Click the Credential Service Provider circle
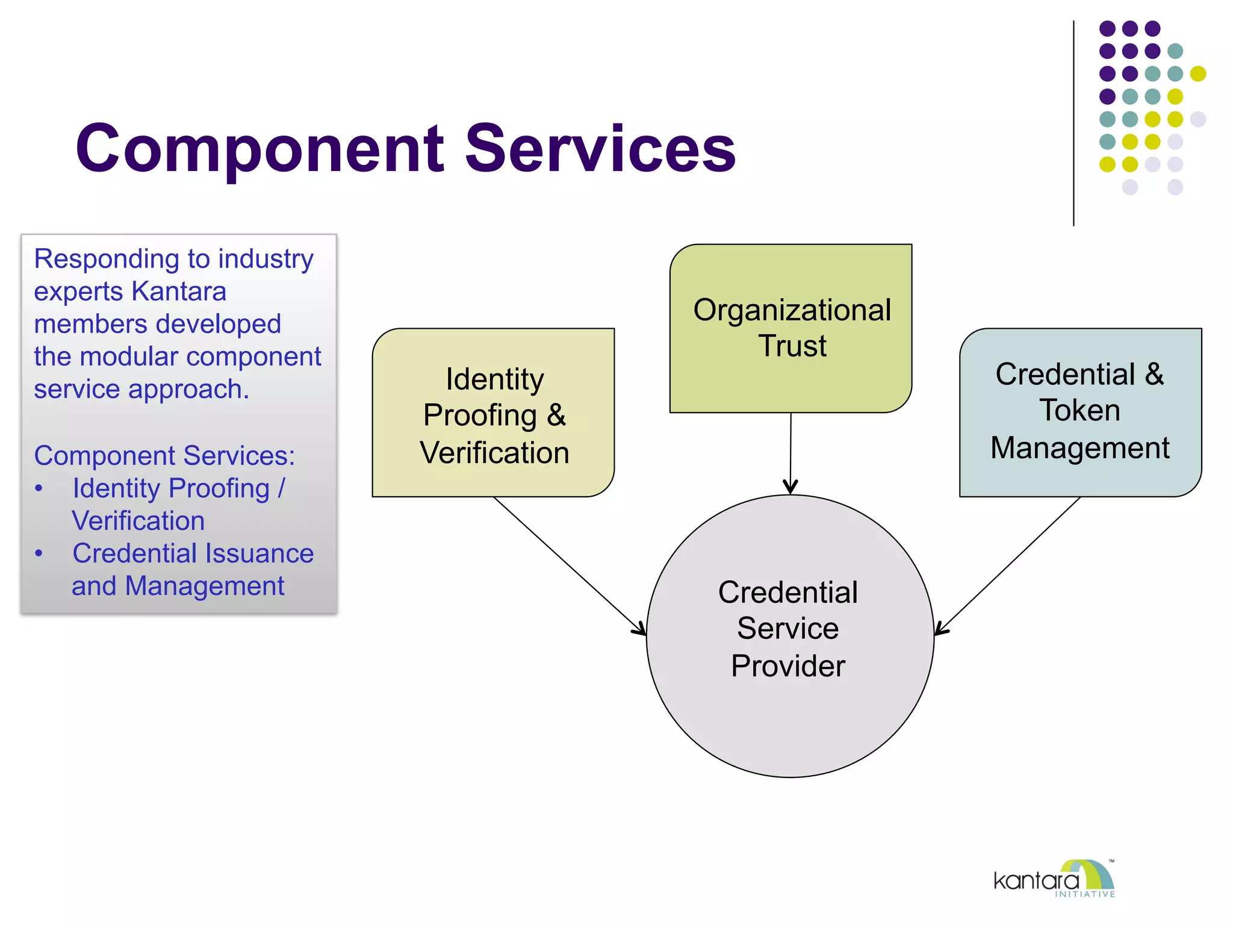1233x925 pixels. (x=789, y=711)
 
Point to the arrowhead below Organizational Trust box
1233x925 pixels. (x=790, y=487)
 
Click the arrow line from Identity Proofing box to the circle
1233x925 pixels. (x=566, y=562)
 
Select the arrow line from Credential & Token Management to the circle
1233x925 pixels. (x=1011, y=562)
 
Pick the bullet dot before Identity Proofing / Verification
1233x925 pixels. (x=39, y=488)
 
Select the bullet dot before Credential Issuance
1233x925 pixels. (x=39, y=553)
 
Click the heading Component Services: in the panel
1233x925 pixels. (x=164, y=455)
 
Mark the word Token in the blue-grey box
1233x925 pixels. (x=1079, y=411)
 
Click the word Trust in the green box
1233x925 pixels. (x=792, y=346)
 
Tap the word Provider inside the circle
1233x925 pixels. (x=788, y=666)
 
